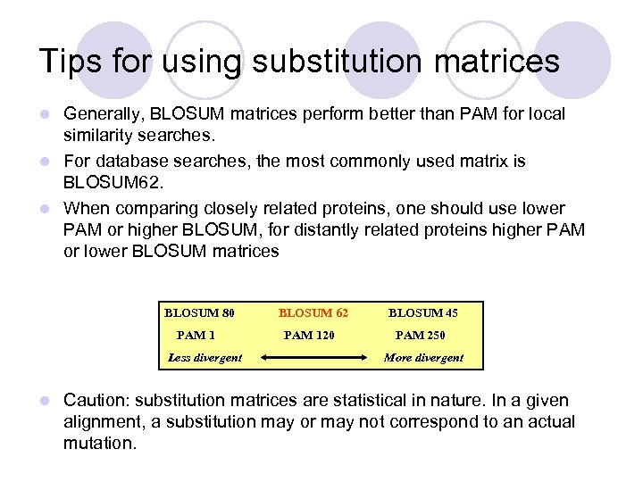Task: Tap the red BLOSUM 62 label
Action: click(313, 312)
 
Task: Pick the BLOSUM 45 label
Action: click(422, 312)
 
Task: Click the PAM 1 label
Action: click(196, 336)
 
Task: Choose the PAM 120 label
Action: click(310, 336)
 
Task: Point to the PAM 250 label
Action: click(421, 336)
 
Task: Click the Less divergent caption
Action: click(205, 358)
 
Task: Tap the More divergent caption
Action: click(423, 358)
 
